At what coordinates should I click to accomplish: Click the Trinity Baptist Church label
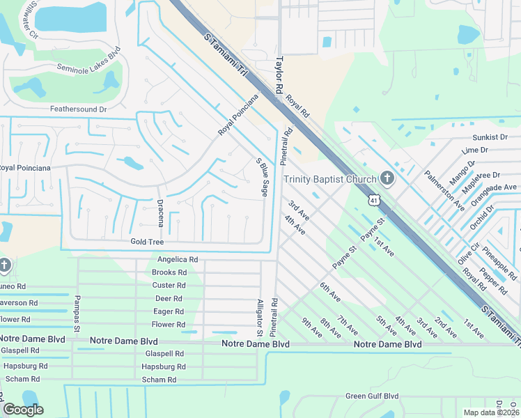click(330, 180)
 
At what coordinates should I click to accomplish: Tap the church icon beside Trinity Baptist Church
click(387, 180)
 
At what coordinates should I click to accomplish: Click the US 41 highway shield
click(374, 201)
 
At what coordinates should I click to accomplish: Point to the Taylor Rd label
click(279, 75)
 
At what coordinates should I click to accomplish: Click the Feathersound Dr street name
click(78, 109)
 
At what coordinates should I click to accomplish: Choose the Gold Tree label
click(147, 242)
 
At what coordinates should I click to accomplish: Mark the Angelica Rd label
click(178, 259)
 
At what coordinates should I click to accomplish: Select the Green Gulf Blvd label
click(372, 396)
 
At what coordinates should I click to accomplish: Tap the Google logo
click(24, 410)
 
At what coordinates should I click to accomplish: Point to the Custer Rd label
click(169, 286)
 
